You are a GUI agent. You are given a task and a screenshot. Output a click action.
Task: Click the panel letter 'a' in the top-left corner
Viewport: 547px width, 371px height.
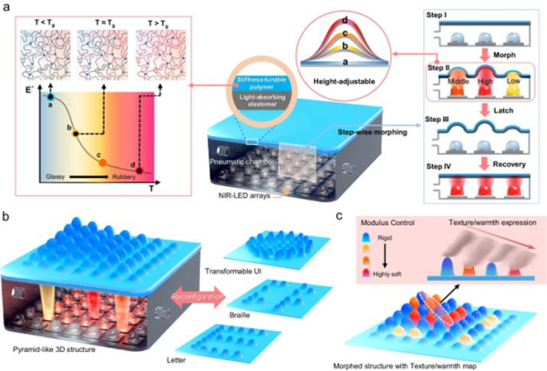coord(7,8)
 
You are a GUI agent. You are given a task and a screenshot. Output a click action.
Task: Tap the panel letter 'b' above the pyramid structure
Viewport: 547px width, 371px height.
coord(7,219)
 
